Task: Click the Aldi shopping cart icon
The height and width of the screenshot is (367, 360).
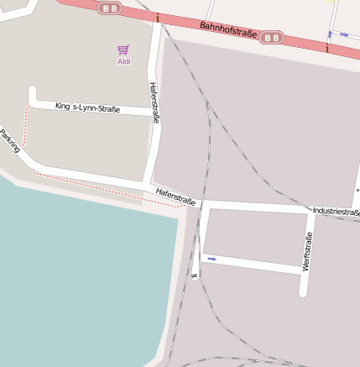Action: click(123, 50)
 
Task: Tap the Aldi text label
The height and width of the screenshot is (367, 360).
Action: click(123, 61)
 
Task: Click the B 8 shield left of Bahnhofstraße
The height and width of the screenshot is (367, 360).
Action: click(109, 8)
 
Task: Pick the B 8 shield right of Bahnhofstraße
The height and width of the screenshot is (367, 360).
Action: click(271, 38)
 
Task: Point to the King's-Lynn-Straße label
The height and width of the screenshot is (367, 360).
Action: click(87, 107)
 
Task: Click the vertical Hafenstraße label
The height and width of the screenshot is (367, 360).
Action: click(154, 102)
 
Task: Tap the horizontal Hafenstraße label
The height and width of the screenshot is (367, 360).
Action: click(175, 197)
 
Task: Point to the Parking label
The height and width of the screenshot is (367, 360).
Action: click(10, 141)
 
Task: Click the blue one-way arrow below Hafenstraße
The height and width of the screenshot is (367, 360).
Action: click(212, 259)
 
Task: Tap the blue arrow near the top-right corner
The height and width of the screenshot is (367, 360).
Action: click(342, 35)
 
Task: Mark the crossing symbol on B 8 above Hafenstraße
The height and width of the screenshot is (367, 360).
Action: click(157, 16)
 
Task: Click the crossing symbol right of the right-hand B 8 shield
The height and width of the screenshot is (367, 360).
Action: click(326, 48)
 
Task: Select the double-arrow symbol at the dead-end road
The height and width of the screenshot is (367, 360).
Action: click(195, 275)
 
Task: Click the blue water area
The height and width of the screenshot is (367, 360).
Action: click(76, 277)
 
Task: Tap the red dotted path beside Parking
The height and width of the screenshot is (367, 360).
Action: click(27, 134)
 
